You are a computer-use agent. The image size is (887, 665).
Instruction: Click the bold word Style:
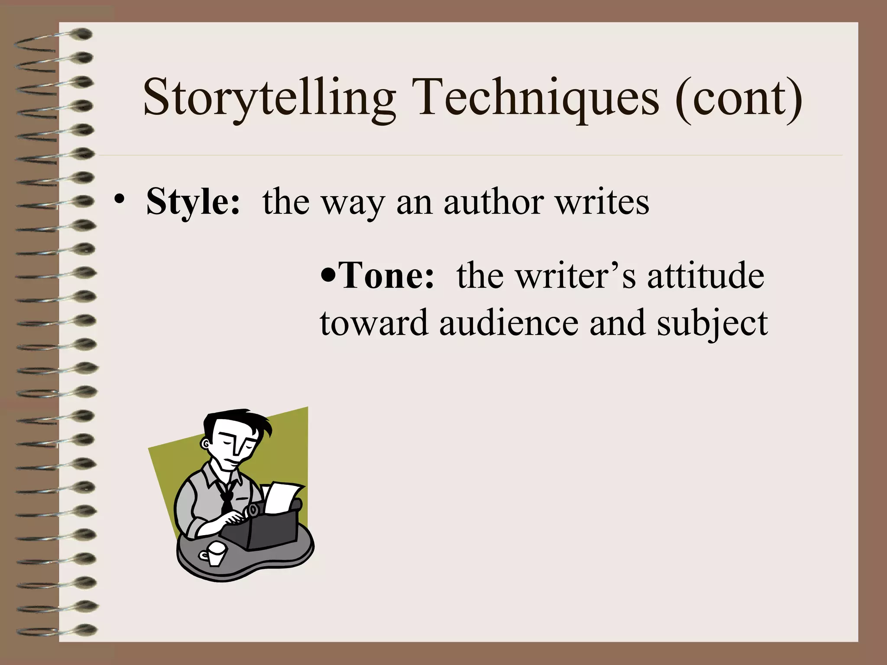point(193,202)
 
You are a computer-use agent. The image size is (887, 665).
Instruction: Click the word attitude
point(706,276)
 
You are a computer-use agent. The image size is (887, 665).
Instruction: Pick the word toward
point(374,323)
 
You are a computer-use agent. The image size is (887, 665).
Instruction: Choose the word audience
point(509,323)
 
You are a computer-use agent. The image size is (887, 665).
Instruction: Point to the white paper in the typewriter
point(282,498)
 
